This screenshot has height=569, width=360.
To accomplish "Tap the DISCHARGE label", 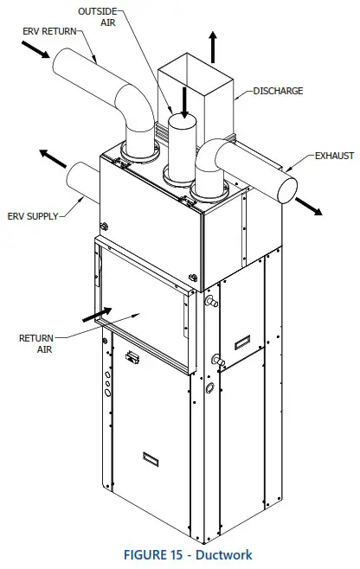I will pos(278,90).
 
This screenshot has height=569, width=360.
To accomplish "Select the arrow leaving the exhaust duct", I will pos(308,205).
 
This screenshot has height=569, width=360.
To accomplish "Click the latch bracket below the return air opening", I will pos(133,357).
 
